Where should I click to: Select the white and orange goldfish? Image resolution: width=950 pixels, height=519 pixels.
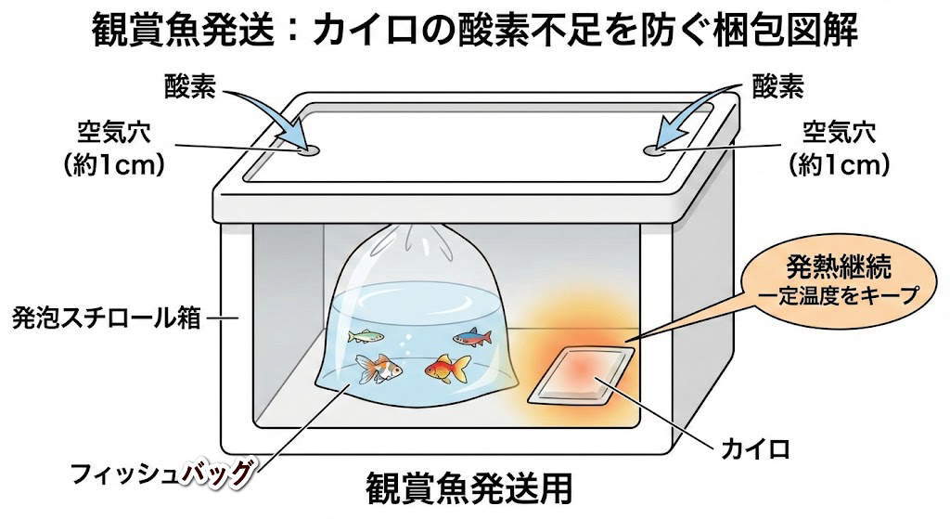(x=381, y=370)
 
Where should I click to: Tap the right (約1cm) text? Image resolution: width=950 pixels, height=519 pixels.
(x=840, y=165)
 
